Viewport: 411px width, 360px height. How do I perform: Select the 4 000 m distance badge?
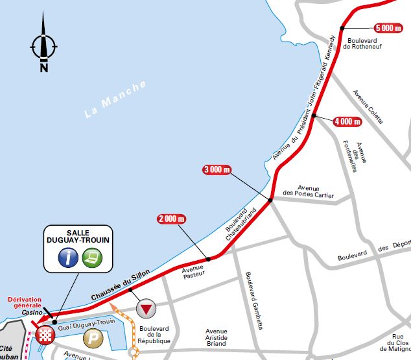[x=347, y=121]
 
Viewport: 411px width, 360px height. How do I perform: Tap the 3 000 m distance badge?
[x=217, y=170]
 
